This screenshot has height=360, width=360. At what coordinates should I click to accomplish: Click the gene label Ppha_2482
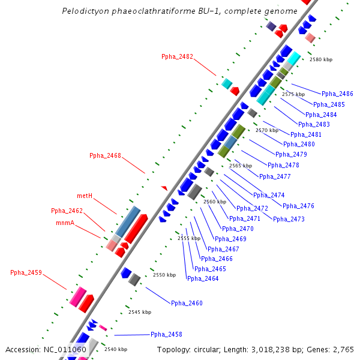coord(177,57)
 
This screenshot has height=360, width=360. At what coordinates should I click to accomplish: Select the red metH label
coord(84,196)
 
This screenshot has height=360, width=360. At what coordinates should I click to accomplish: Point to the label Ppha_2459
coord(26,273)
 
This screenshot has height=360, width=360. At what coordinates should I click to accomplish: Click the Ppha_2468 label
coord(105,156)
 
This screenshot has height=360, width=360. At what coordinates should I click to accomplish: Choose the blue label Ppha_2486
coord(337,94)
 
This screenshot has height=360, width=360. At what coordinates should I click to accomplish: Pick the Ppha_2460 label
coord(187,304)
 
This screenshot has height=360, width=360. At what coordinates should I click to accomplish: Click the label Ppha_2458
coord(166,335)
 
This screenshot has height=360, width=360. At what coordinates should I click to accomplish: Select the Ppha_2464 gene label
coord(203,278)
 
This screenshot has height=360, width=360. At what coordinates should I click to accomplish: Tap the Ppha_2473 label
coord(289,220)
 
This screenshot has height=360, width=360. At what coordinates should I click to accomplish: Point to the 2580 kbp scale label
coord(320,59)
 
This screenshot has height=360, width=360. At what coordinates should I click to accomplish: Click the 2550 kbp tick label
coord(164,275)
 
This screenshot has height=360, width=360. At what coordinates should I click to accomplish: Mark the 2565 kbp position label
coord(241,166)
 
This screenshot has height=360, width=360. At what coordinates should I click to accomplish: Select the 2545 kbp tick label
coord(140,312)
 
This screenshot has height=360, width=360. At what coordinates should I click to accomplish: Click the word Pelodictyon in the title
coord(84,11)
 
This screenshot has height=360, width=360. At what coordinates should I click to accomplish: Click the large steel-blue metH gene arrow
coord(128,221)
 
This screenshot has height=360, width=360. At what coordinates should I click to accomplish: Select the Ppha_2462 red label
coord(67,211)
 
